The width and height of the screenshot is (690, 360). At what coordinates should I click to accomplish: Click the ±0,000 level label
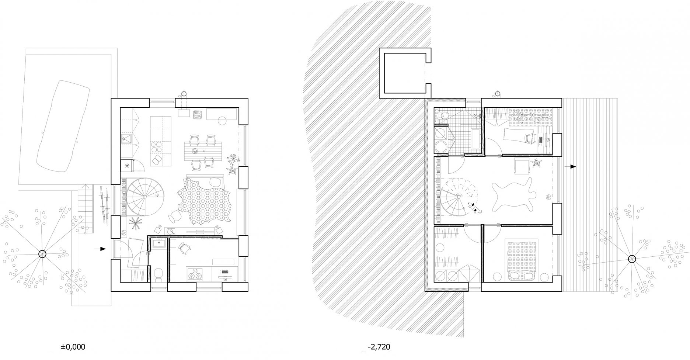point(73,347)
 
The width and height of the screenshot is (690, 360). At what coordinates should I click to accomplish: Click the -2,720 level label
point(379,347)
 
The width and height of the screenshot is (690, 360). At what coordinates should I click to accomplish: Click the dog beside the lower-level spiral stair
point(473,208)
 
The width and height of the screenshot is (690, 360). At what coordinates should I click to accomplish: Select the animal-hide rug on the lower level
point(512,194)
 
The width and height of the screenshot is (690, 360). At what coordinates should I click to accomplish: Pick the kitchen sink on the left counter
point(128,140)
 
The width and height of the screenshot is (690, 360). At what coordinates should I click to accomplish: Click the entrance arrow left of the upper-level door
point(100,249)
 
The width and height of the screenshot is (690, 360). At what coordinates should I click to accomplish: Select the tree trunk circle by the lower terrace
point(632,259)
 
